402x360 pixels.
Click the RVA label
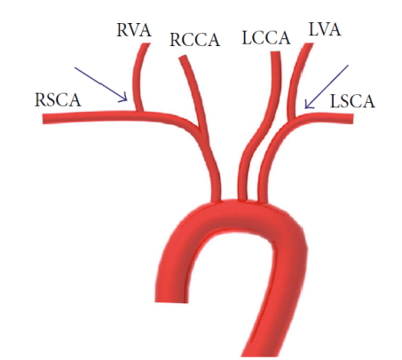tap(134, 30)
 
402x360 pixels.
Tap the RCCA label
tap(194, 40)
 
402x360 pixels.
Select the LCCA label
tap(266, 38)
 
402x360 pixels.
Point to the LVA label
tap(325, 29)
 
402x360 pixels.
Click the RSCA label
tap(58, 100)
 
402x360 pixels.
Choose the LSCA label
tap(352, 101)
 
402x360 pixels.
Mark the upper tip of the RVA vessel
tap(146, 44)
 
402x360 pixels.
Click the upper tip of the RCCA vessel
tap(183, 57)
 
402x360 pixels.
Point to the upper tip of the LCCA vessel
tap(275, 53)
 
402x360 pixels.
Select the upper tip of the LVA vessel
tap(308, 44)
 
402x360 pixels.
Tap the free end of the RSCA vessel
tap(43, 119)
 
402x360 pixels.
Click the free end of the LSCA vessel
tap(352, 119)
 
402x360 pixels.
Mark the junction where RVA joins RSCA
tap(139, 113)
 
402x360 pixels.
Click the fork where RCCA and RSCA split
tap(200, 128)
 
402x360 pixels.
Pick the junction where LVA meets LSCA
tap(294, 119)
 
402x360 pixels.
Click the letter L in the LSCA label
tap(335, 101)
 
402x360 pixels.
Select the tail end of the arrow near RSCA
tap(75, 67)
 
